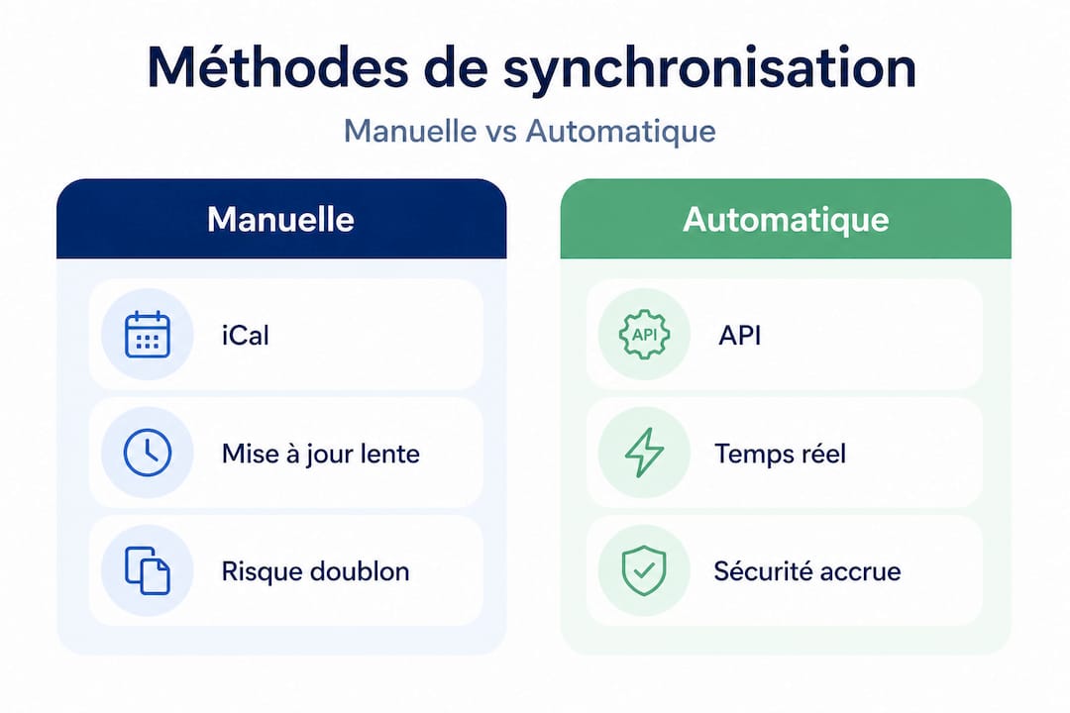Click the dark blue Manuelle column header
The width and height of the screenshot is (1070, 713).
coord(280,219)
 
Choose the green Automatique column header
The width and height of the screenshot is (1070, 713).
coord(786,219)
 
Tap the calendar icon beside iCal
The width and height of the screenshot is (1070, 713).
coord(148,335)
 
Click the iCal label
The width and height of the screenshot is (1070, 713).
coord(245,335)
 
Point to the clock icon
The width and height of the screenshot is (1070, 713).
coord(148,454)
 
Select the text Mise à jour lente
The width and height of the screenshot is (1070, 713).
coord(320,454)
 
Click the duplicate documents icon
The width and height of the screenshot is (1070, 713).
coord(148,571)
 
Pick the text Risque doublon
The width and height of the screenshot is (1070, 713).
coord(315,571)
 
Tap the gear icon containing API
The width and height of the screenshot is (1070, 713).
coord(644,335)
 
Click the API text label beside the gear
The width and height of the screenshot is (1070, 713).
coord(739,335)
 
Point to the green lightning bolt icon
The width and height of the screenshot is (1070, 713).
coord(644,454)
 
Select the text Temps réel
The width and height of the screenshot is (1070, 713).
coord(780,454)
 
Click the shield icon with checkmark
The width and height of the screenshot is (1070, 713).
coord(644,571)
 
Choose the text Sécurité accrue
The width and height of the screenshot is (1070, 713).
coord(806,571)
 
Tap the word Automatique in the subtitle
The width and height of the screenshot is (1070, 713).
coord(621,131)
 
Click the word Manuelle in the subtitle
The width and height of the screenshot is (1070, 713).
coord(408,131)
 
